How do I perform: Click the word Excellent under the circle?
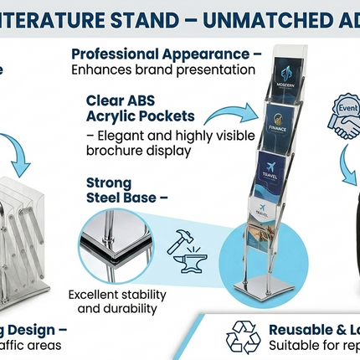(95, 294)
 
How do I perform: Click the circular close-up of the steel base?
(117, 243)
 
